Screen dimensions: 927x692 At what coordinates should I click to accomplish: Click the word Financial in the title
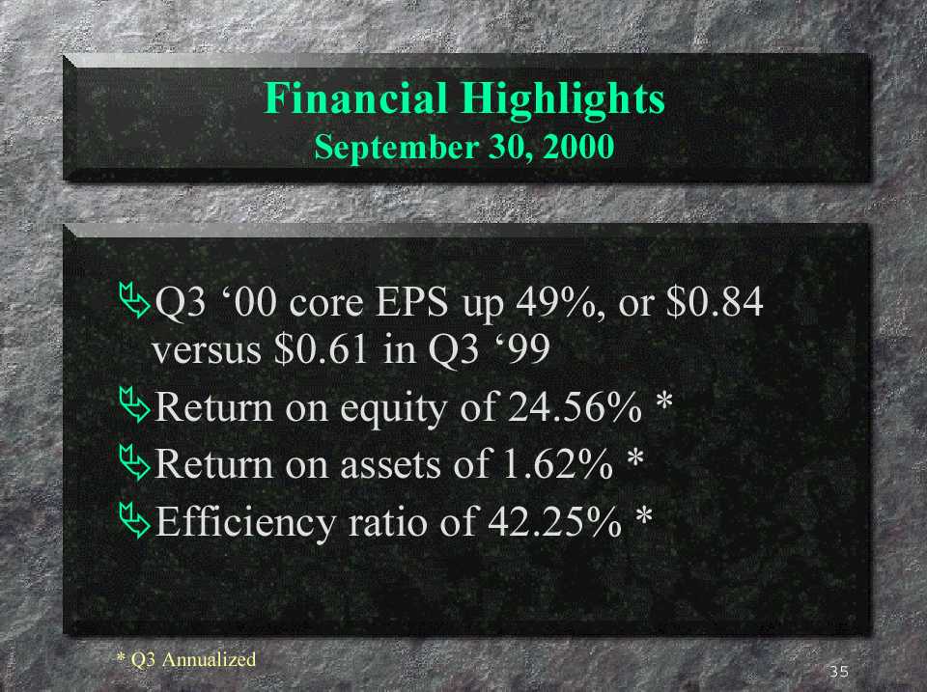point(355,98)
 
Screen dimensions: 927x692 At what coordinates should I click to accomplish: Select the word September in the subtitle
point(396,148)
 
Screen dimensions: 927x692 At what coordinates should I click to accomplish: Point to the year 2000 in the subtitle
point(578,146)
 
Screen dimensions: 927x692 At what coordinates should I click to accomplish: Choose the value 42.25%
point(554,521)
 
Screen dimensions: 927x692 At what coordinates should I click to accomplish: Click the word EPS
point(412,302)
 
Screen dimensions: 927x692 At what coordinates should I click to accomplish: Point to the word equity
point(393,409)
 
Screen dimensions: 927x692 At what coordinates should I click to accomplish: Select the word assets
point(391,465)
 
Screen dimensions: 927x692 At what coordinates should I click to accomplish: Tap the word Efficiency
point(245,523)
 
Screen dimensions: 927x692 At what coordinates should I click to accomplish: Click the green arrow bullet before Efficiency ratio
point(134,520)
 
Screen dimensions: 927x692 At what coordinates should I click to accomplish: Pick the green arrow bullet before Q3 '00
point(134,300)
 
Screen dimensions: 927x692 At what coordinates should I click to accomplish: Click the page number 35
point(839,672)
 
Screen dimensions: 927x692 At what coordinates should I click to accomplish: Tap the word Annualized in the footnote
point(209,659)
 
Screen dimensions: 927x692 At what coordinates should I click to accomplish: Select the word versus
point(207,350)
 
